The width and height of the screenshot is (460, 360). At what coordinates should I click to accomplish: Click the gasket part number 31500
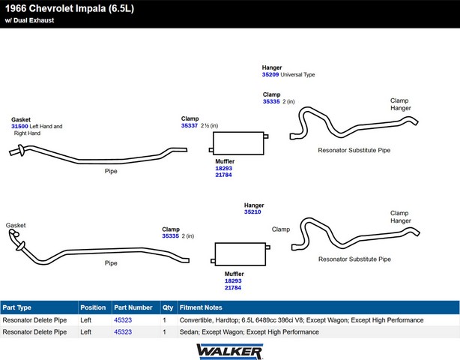click(x=19, y=126)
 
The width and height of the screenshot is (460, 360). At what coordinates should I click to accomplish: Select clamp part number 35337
click(x=190, y=126)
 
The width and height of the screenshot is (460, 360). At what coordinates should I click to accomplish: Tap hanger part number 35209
click(x=270, y=74)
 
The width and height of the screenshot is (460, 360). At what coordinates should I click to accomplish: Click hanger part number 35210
click(x=252, y=212)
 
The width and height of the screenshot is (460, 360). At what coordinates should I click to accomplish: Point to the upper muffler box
click(x=238, y=143)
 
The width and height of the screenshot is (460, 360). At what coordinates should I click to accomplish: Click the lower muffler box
click(x=240, y=254)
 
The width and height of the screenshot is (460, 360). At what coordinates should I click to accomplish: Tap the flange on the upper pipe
click(x=21, y=150)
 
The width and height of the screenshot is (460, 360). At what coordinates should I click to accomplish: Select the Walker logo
click(x=230, y=352)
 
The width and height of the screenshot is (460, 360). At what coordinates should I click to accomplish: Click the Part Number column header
click(x=133, y=307)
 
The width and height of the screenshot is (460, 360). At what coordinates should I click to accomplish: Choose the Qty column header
click(x=168, y=307)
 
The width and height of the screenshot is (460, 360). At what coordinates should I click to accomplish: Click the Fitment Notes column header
click(x=201, y=307)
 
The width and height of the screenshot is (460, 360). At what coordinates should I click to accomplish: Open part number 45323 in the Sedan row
click(x=123, y=331)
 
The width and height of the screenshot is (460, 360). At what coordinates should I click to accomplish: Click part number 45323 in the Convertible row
click(x=123, y=320)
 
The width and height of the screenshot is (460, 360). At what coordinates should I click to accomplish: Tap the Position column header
click(x=93, y=307)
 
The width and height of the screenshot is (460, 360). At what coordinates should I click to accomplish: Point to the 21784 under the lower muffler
click(x=233, y=288)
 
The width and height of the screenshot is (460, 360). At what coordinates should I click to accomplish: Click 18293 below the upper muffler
click(x=223, y=168)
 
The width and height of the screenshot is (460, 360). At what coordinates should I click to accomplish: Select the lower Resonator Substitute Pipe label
click(x=354, y=259)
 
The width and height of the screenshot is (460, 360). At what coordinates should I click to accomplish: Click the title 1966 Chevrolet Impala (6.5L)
click(x=70, y=8)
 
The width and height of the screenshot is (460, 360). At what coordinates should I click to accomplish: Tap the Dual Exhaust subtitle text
click(x=29, y=20)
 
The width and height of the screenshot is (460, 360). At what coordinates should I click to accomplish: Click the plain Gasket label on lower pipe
click(x=16, y=225)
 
